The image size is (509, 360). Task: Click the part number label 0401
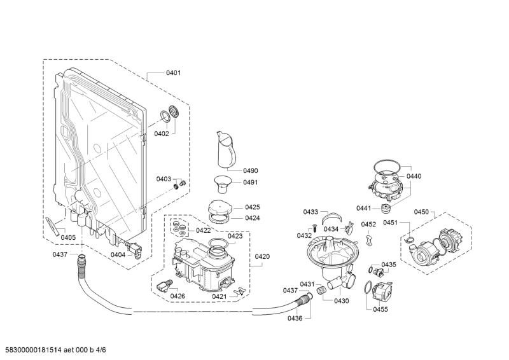point(173,73)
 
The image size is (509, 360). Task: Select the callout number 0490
point(251,170)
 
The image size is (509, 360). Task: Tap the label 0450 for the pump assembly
point(422,212)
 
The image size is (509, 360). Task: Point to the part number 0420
point(262,257)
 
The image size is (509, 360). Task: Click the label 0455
point(380,309)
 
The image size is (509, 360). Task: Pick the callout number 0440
point(414,176)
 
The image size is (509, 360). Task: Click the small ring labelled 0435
point(371,270)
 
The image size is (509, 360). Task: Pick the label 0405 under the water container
point(68,238)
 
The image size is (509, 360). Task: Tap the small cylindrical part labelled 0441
point(386,209)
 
